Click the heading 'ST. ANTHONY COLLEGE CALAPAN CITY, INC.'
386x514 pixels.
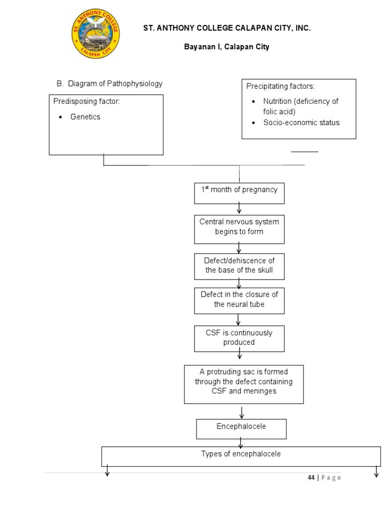[227, 29]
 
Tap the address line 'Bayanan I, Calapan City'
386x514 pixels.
[226, 47]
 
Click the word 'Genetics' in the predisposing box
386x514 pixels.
[85, 117]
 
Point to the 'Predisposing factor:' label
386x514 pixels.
[86, 102]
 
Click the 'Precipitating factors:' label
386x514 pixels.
[280, 86]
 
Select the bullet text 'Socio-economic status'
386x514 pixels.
[301, 122]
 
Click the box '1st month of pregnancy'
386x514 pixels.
[239, 193]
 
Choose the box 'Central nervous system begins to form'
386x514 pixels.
[239, 227]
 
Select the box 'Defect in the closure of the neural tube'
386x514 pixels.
[239, 300]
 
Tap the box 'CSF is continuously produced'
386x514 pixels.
[239, 338]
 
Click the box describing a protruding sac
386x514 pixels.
[244, 383]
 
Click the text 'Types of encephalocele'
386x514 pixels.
[241, 454]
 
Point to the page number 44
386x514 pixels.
[311, 478]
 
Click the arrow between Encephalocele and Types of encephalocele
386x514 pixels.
[241, 443]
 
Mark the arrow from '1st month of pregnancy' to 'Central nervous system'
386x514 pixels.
[239, 209]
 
